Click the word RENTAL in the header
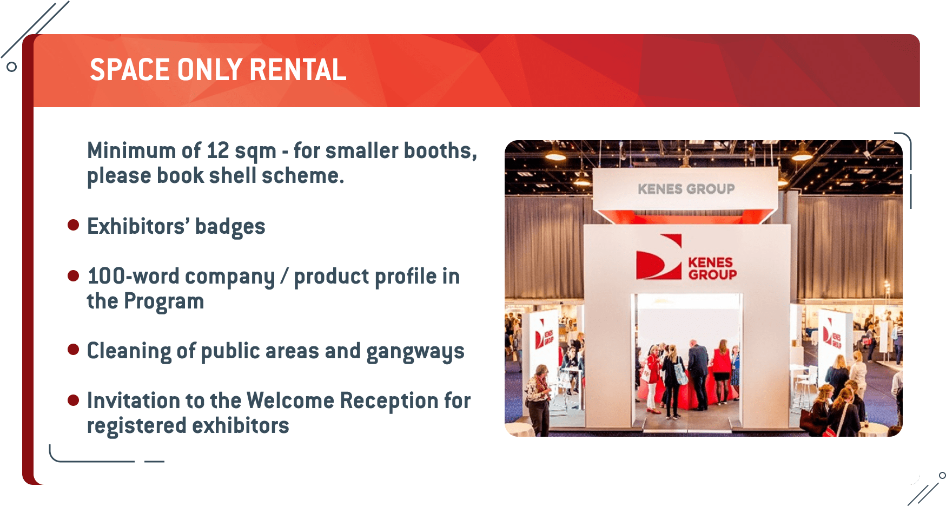click(x=297, y=70)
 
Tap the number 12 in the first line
click(x=218, y=150)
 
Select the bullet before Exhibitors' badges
click(x=74, y=225)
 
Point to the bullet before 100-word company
click(x=74, y=276)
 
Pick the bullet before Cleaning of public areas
click(x=74, y=350)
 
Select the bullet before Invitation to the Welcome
click(x=74, y=400)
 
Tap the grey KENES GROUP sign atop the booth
click(x=686, y=189)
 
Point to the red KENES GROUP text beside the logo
click(x=712, y=268)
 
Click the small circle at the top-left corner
click(x=11, y=67)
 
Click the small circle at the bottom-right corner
click(x=942, y=476)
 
